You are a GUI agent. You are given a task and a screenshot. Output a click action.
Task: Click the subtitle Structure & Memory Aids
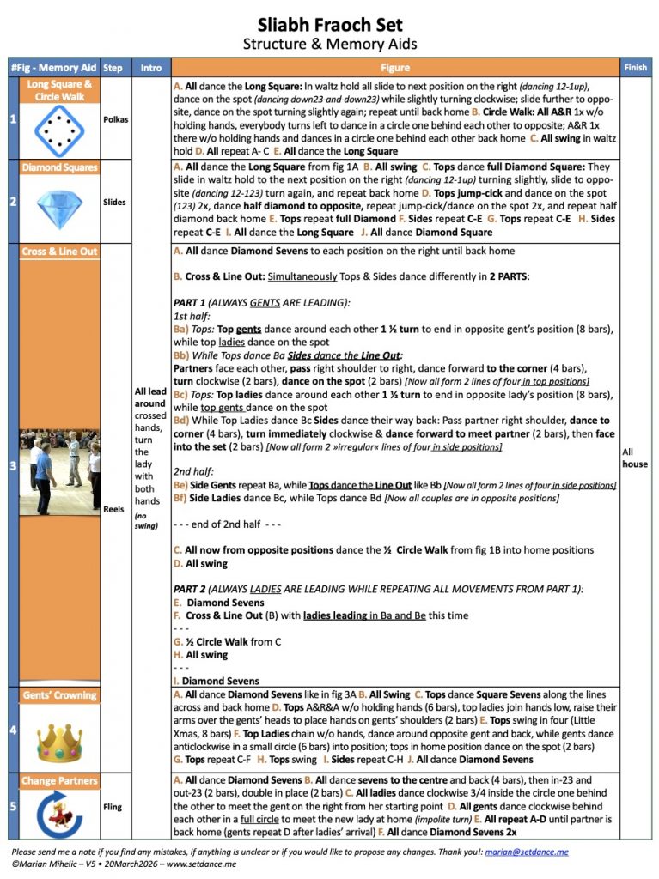pos(330,44)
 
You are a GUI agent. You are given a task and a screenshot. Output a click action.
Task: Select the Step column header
pos(112,68)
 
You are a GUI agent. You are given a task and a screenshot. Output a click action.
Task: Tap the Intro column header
pos(150,68)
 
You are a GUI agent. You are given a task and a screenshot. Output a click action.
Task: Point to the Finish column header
pos(636,68)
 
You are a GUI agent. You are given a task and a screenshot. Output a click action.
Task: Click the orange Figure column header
pos(394,68)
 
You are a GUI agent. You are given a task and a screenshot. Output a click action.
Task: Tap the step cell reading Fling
pos(112,807)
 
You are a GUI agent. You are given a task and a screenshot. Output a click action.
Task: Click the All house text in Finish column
pos(635,458)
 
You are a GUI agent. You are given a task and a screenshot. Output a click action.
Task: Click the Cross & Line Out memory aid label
pos(60,252)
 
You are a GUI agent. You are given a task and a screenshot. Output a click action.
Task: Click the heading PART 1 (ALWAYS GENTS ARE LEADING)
pos(261,303)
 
